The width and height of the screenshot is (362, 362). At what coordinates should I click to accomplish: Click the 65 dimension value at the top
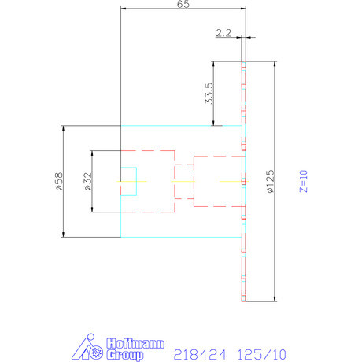coord(183,5)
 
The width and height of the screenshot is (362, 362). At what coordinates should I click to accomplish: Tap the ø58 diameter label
coord(57,181)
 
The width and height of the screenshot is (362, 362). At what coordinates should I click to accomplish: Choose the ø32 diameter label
coord(87,181)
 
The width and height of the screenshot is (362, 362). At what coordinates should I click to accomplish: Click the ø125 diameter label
coord(270,182)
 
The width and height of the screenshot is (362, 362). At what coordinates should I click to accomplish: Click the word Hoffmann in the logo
coord(134,343)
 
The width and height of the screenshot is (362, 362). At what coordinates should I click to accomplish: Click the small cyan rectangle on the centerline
coord(128,181)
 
